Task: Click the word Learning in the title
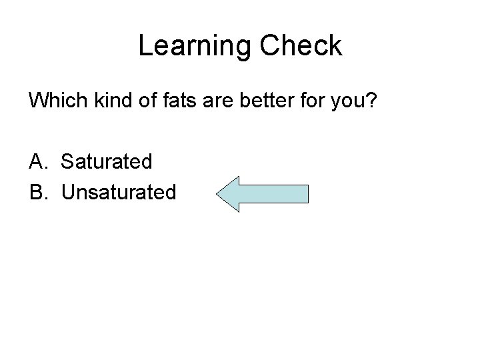tap(194, 46)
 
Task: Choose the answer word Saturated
tap(107, 161)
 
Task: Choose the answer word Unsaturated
tap(119, 192)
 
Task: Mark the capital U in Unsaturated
tap(69, 192)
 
